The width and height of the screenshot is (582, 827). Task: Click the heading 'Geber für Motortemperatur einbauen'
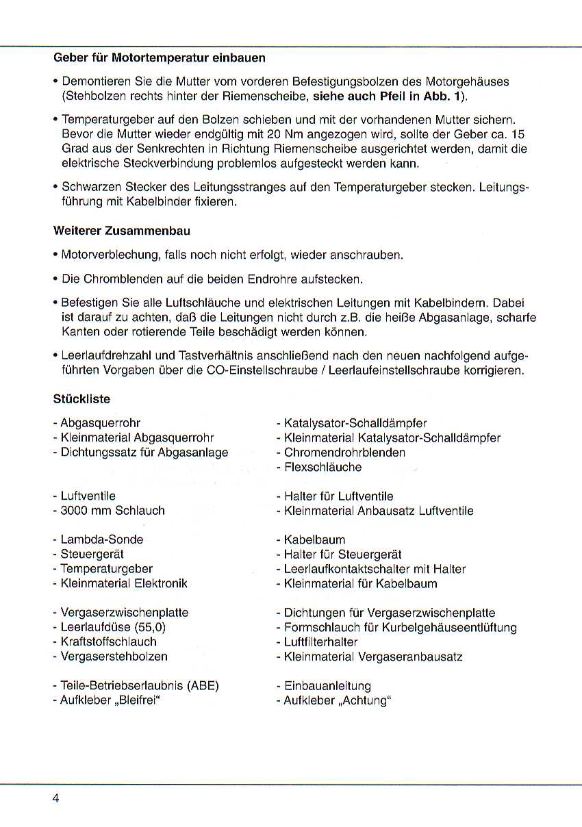pos(159,58)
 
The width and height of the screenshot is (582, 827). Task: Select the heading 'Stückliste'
pos(81,398)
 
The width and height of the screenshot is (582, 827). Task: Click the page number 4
pos(55,798)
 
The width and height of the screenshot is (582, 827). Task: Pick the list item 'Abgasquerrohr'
pos(101,423)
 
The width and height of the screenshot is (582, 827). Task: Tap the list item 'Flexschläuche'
pos(322,467)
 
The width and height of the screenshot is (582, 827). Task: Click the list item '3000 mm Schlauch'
pos(112,511)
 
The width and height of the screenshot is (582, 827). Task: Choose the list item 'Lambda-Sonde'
pos(101,539)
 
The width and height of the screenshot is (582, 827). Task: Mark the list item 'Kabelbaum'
pos(314,539)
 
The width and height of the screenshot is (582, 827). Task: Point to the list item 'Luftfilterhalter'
pos(320,642)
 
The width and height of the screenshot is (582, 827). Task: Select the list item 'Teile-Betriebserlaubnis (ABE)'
pos(139,686)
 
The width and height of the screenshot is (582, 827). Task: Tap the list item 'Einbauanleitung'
pos(327,686)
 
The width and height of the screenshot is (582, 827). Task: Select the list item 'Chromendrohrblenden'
pos(344,453)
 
